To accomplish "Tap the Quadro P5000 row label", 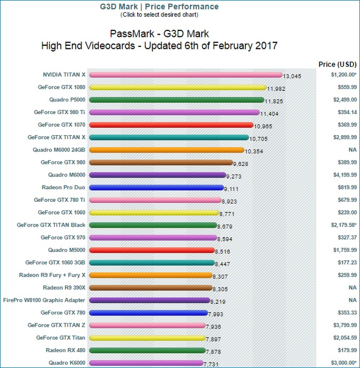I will (x=67, y=99).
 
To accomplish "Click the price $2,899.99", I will (x=344, y=137).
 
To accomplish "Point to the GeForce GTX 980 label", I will (x=63, y=162).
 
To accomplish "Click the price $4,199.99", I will (x=344, y=175).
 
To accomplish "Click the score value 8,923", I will (x=231, y=201).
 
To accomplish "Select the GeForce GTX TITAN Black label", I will (x=51, y=224).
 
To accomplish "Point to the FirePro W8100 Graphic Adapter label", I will (x=44, y=300).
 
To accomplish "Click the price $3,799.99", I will (x=344, y=325).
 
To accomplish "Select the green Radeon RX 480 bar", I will (x=147, y=350).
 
